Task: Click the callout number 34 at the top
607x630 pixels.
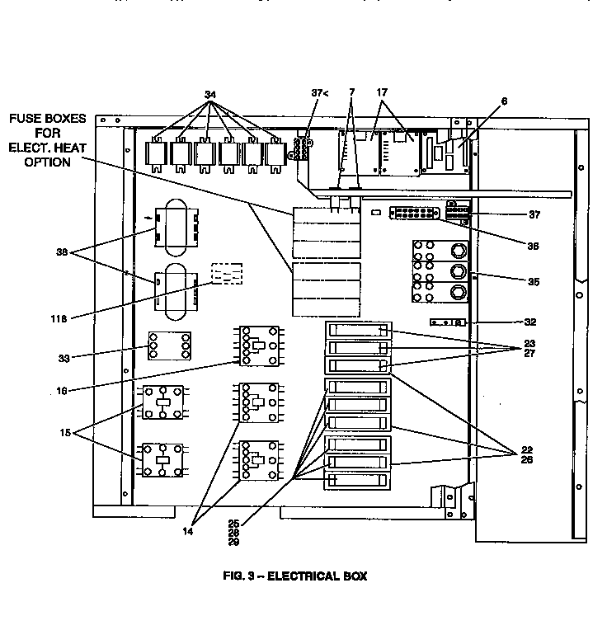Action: [210, 94]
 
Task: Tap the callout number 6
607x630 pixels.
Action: [504, 101]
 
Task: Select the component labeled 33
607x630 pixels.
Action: [170, 345]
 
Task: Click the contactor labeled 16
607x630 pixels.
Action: [258, 346]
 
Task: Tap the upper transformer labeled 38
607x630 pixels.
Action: [175, 227]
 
